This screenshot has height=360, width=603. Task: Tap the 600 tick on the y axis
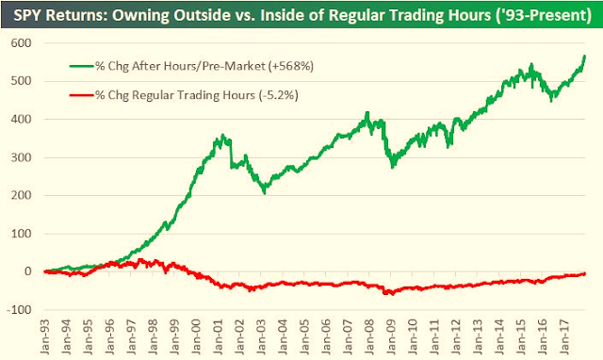click(21, 42)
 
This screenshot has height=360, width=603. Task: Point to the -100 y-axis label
click(19, 310)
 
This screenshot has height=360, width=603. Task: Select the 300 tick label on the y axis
click(21, 157)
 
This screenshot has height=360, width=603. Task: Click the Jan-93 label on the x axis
click(45, 336)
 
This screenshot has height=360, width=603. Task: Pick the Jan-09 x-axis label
click(392, 336)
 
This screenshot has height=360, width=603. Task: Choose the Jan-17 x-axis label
click(565, 336)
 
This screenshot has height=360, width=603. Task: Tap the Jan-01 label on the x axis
click(219, 336)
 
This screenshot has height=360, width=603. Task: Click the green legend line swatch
click(82, 66)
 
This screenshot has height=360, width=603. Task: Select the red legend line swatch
click(82, 95)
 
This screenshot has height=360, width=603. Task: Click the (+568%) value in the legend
click(291, 66)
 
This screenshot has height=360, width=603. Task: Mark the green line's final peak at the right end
click(584, 57)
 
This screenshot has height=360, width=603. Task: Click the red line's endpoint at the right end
click(584, 273)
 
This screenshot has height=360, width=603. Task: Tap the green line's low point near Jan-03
click(265, 192)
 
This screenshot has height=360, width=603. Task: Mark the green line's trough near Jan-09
click(392, 167)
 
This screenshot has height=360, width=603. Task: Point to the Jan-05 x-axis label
click(305, 336)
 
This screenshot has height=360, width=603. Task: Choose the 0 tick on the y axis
click(27, 271)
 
